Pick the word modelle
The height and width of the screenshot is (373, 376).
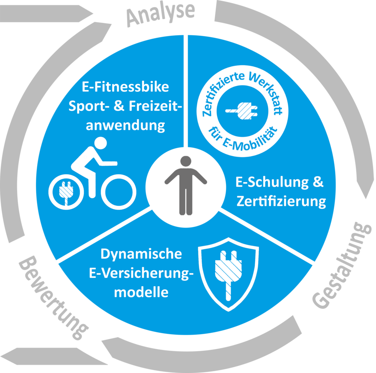click(x=142, y=292)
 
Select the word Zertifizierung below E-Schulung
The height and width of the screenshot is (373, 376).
click(x=281, y=201)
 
